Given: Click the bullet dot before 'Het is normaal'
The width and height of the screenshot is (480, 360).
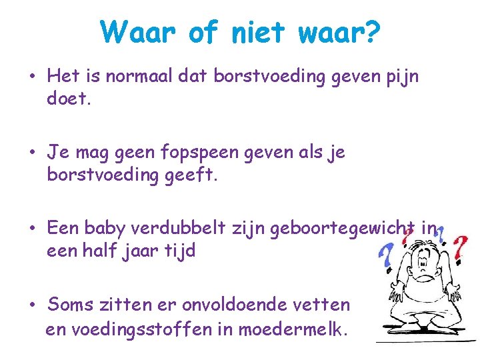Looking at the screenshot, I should click(32, 77).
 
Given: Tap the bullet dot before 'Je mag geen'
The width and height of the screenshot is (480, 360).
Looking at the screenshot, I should click(32, 153).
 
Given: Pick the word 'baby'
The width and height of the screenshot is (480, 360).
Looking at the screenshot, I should click(105, 229).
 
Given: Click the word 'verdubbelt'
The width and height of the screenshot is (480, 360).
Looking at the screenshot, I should click(180, 229).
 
